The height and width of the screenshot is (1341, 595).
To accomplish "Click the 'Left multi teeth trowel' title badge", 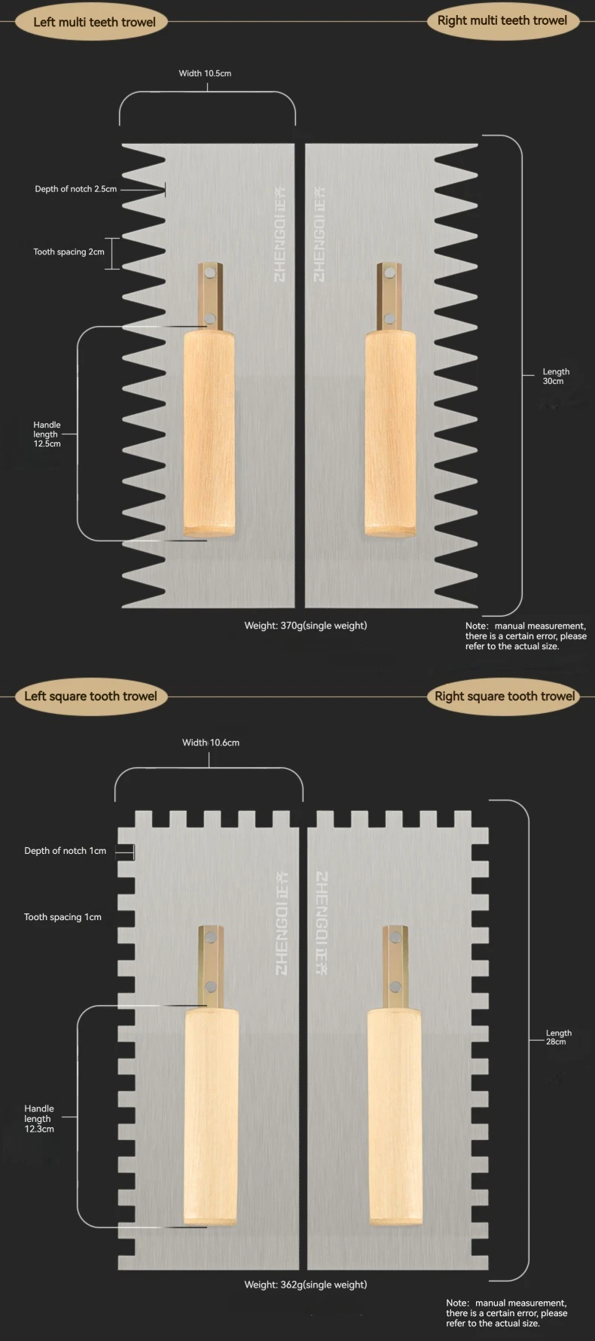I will (x=94, y=22).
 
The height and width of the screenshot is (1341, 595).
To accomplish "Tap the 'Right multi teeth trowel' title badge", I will (x=502, y=20).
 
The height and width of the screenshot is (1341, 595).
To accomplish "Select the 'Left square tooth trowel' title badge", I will (x=90, y=696).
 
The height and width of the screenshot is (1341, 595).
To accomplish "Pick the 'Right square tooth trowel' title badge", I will (x=505, y=696).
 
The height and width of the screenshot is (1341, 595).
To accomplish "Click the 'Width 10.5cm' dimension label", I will (x=205, y=73).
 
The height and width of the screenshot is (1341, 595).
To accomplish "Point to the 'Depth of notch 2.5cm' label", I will (x=75, y=189).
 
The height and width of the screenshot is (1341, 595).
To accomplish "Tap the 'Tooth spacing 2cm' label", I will (x=69, y=251).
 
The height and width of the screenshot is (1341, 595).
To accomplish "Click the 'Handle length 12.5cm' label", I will (x=47, y=434).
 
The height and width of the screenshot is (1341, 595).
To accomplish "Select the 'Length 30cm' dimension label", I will (x=556, y=376).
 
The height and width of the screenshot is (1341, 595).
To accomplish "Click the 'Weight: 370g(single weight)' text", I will (x=305, y=625).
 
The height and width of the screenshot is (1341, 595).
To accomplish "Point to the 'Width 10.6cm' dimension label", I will (x=211, y=742).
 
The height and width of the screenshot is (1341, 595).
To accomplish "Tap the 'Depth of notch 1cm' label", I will (x=65, y=851).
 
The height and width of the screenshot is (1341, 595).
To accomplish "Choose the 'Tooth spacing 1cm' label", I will (x=63, y=917).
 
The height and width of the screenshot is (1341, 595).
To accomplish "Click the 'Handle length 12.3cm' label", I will (x=39, y=1119).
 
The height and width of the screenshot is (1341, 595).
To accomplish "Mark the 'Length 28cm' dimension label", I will (x=558, y=1038).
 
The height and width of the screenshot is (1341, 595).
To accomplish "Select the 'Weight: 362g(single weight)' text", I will (x=305, y=1285).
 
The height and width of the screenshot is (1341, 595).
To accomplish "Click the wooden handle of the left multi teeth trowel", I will (x=208, y=435).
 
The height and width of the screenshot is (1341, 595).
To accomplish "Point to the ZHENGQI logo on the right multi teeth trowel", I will (x=319, y=234).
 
